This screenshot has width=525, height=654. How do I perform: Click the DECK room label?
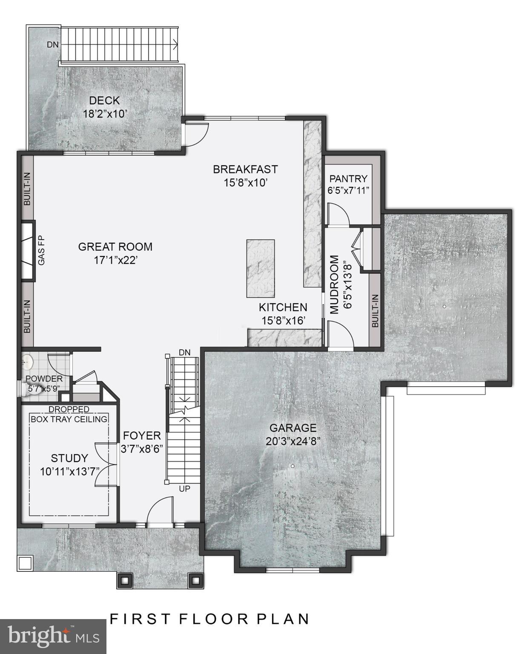(104, 100)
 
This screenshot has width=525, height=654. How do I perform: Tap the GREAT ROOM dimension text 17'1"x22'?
(115, 260)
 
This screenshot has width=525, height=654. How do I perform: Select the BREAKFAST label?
(245, 169)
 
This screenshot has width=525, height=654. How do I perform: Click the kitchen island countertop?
(260, 268)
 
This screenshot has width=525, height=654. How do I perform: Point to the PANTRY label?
(348, 179)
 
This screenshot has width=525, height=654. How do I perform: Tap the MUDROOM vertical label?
(335, 284)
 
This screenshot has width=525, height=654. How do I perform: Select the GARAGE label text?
(293, 428)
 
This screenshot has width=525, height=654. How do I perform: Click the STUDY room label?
(69, 458)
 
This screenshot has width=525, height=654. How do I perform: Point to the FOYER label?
(142, 436)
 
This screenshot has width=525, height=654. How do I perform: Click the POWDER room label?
(44, 379)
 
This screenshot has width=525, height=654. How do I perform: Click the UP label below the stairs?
(184, 489)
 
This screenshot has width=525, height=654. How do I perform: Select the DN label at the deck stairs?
(53, 44)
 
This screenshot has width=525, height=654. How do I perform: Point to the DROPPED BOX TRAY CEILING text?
(69, 414)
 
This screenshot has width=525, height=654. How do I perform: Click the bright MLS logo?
(53, 636)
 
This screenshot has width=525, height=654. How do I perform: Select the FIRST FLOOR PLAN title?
(210, 619)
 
